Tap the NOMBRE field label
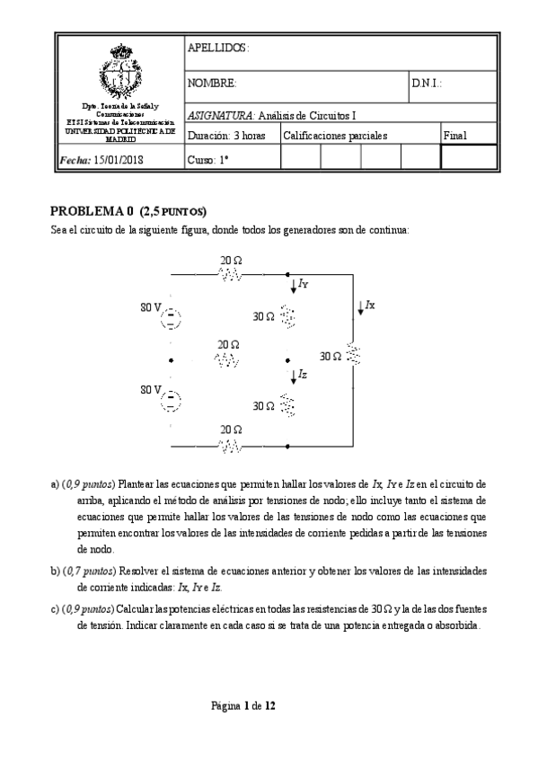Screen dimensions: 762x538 tap(212, 84)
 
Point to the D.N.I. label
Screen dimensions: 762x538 tap(427, 84)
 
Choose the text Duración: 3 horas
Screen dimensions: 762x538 tap(226, 136)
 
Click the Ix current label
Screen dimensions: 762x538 tap(369, 306)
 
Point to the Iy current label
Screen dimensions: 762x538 tap(303, 285)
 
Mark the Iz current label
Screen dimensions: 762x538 tap(303, 375)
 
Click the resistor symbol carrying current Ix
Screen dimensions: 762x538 tap(355, 356)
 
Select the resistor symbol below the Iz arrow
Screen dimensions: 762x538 tap(287, 406)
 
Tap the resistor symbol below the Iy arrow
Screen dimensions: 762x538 tap(287, 316)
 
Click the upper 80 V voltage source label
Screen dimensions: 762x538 tap(150, 308)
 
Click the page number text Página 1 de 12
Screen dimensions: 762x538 tap(243, 706)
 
